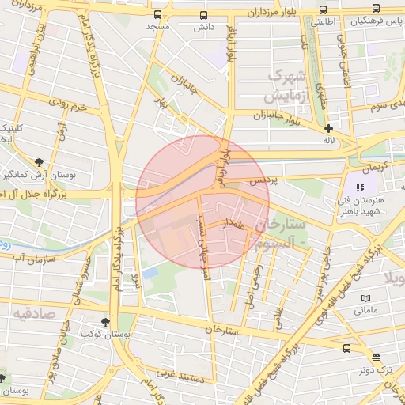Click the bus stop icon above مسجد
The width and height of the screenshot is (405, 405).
pyautogui.click(x=157, y=15)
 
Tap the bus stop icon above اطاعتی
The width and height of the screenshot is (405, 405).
pyautogui.click(x=321, y=10)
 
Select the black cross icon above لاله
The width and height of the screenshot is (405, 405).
pyautogui.click(x=328, y=128)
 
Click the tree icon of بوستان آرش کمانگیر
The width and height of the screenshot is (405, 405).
pyautogui.click(x=39, y=161)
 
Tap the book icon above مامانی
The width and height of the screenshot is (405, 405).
pyautogui.click(x=365, y=298)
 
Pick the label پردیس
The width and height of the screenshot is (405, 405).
pyautogui.click(x=264, y=181)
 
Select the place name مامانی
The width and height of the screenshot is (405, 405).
pyautogui.click(x=365, y=310)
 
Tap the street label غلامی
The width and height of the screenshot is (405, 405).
pyautogui.click(x=278, y=315)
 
